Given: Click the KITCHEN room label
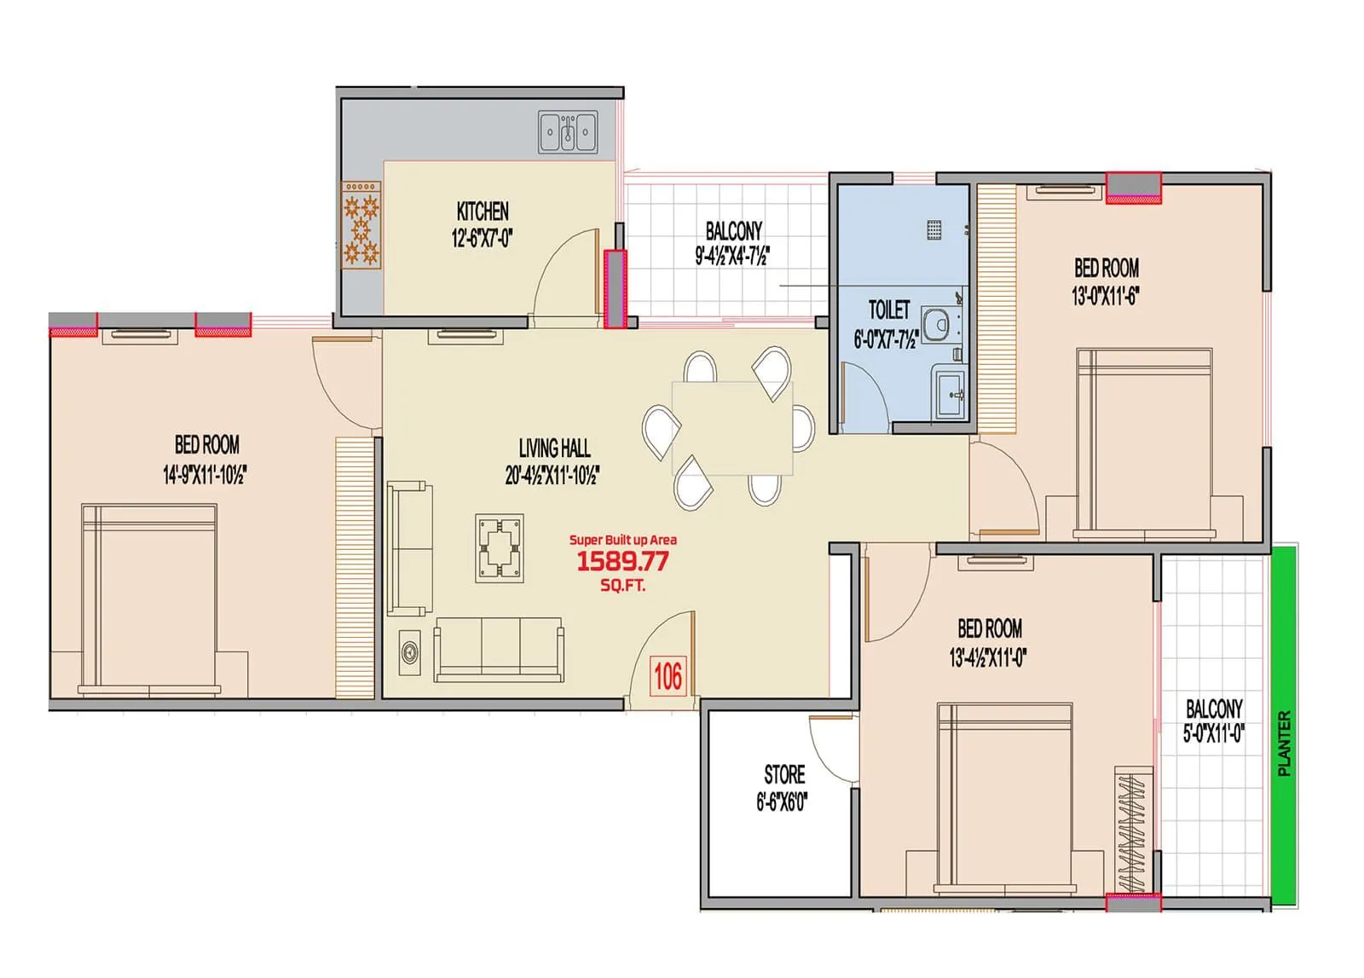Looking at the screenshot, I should (x=483, y=211).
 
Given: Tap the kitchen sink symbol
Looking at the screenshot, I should (x=568, y=133).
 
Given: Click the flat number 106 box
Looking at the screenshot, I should (x=668, y=677).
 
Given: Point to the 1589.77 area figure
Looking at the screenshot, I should (x=622, y=561).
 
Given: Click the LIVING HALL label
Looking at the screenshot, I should (x=554, y=448).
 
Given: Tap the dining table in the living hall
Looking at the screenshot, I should (x=732, y=428).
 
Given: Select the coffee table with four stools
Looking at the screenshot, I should (x=500, y=549).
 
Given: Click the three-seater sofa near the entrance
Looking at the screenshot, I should (x=499, y=650).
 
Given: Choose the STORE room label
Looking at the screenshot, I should (x=784, y=774).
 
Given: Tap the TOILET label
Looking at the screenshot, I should (x=889, y=310).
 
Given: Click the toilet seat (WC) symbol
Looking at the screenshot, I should (x=939, y=325).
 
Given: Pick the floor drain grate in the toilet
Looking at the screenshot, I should (x=934, y=229).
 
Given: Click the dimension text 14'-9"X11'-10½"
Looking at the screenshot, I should (x=205, y=475).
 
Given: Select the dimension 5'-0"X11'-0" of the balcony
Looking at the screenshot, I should (x=1213, y=733).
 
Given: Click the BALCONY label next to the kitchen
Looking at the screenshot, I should (x=733, y=231).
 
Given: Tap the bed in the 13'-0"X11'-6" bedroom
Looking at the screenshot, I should (x=1144, y=443).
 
